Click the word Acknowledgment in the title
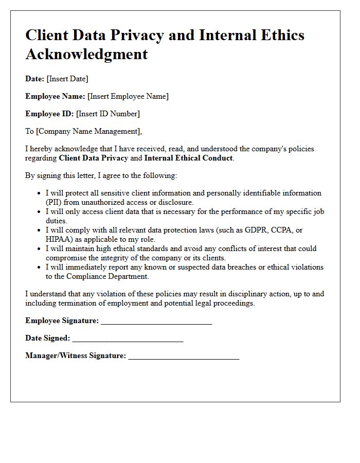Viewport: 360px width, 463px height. click(x=86, y=54)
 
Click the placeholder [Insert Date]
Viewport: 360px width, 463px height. click(x=67, y=79)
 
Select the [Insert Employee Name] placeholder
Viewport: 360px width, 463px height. click(x=128, y=96)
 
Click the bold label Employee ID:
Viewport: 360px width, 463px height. click(x=49, y=114)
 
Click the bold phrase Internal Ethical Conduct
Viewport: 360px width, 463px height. click(x=188, y=158)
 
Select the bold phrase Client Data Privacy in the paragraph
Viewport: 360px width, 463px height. click(x=94, y=158)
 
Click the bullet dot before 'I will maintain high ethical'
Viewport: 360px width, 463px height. click(x=40, y=248)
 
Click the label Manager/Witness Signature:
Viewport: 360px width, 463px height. click(x=76, y=355)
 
